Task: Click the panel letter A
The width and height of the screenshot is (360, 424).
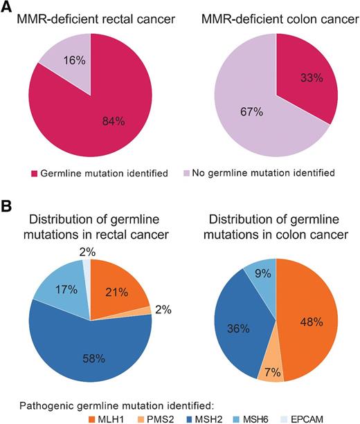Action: click(8, 8)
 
